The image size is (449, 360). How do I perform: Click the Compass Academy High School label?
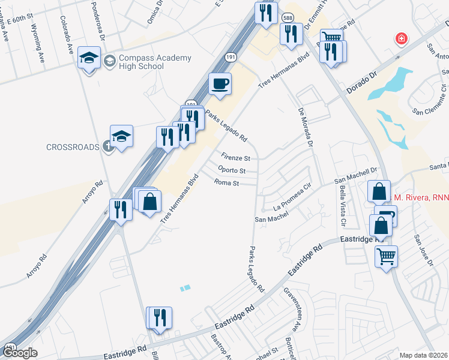147,62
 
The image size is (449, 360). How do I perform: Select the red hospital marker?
400,39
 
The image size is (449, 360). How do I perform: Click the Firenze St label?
235,158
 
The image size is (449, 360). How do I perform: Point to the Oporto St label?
232,170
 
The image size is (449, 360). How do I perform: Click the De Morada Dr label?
305,127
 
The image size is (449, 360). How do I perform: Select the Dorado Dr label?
364,85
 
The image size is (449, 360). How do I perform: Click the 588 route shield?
288,19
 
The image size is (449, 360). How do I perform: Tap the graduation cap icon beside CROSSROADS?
121,136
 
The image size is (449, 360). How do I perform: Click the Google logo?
20,352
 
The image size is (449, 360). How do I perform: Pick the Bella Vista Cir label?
343,205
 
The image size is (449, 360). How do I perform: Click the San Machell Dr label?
355,178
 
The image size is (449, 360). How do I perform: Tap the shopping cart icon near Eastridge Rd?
386,256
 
